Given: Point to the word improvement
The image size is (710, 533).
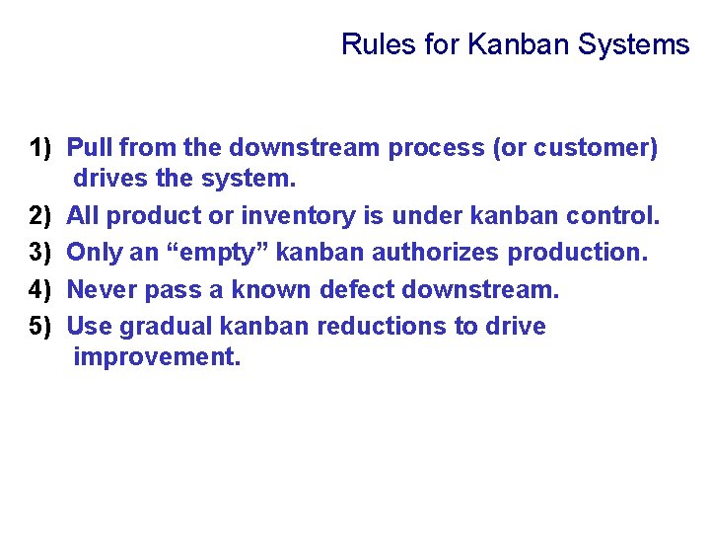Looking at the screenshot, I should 156,357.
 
